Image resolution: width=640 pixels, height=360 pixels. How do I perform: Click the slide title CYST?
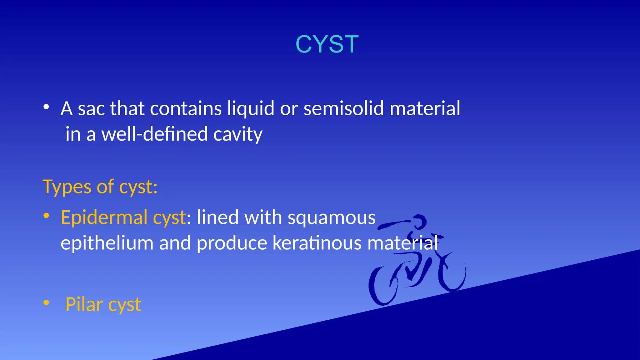[327, 44]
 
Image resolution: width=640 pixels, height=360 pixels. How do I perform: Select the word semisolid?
[343, 109]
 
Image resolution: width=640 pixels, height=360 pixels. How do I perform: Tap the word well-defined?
[155, 134]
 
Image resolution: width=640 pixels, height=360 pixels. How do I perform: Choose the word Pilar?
[84, 304]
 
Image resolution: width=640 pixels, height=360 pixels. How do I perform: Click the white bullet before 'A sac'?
[46, 107]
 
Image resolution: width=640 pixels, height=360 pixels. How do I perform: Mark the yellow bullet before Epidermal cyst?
[46, 216]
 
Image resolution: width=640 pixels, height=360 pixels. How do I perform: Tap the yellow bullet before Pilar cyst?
[46, 302]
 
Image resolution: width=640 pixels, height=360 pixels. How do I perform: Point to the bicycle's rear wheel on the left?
[383, 286]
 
